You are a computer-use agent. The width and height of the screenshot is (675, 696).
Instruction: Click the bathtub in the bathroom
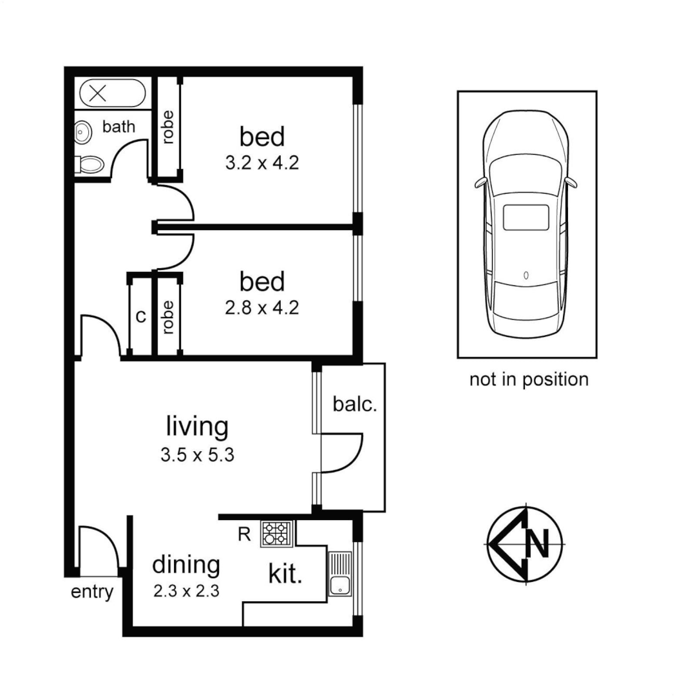(x=112, y=93)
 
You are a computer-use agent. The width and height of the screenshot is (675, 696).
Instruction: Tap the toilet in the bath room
(x=89, y=164)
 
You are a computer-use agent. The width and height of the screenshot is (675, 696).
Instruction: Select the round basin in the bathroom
(x=82, y=133)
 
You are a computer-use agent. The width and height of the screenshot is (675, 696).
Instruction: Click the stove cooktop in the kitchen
(x=276, y=534)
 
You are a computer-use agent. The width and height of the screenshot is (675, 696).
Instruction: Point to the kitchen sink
(x=339, y=574)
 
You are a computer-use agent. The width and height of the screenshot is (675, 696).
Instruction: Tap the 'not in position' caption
(x=528, y=380)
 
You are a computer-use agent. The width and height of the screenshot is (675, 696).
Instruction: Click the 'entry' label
(x=92, y=592)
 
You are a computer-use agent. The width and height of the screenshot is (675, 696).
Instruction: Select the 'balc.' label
(x=354, y=405)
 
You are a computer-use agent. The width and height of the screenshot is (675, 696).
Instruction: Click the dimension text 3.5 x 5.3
(x=196, y=456)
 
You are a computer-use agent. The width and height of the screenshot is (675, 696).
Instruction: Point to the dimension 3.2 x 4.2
(x=261, y=163)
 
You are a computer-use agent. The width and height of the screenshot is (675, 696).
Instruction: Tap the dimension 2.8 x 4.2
(x=261, y=308)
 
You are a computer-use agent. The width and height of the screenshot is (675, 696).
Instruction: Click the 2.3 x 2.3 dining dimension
(x=186, y=590)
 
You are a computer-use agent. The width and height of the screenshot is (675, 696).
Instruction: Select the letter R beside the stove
(x=244, y=534)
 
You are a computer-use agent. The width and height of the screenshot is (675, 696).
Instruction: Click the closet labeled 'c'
(x=140, y=316)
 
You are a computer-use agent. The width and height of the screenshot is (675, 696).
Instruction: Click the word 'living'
(x=197, y=427)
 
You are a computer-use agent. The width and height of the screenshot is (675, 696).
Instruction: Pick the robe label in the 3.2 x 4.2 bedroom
(x=168, y=128)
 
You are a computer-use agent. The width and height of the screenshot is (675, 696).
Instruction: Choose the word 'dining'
(x=185, y=565)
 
